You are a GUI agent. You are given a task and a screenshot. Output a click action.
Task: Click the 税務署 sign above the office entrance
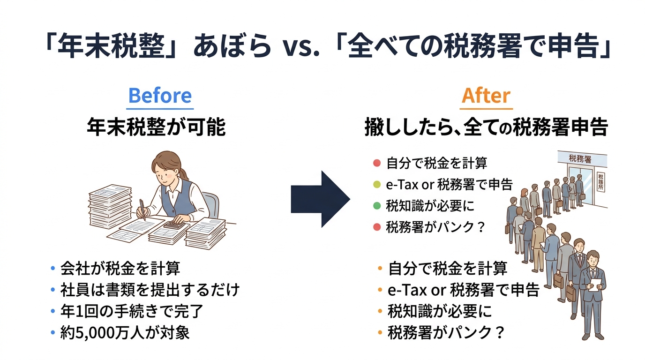click(x=580, y=159)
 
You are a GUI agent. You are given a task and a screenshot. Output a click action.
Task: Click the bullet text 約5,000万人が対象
click(x=125, y=332)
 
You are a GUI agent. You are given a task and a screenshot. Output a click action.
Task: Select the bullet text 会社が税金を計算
click(x=120, y=269)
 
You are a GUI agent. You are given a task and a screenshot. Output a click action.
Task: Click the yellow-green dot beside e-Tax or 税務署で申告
click(x=376, y=185)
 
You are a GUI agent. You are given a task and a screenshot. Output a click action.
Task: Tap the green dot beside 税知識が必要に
click(x=376, y=206)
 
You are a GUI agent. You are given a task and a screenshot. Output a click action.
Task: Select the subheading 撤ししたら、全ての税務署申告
click(x=486, y=127)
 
